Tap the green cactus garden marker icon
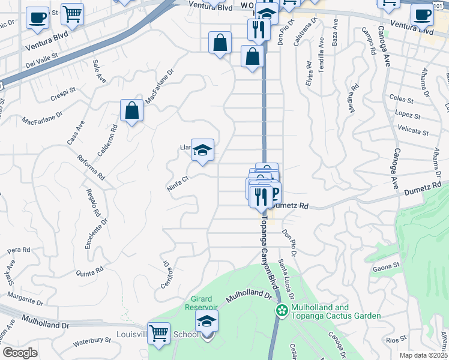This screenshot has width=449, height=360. pyautogui.click(x=281, y=310)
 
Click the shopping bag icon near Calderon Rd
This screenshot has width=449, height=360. pyautogui.click(x=131, y=111)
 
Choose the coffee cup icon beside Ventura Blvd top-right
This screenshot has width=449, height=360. pyautogui.click(x=422, y=15)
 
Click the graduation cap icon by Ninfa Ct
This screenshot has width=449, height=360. pyautogui.click(x=203, y=150)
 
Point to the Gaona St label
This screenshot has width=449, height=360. pyautogui.click(x=386, y=265)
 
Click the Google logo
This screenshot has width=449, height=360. pyautogui.click(x=19, y=353)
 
